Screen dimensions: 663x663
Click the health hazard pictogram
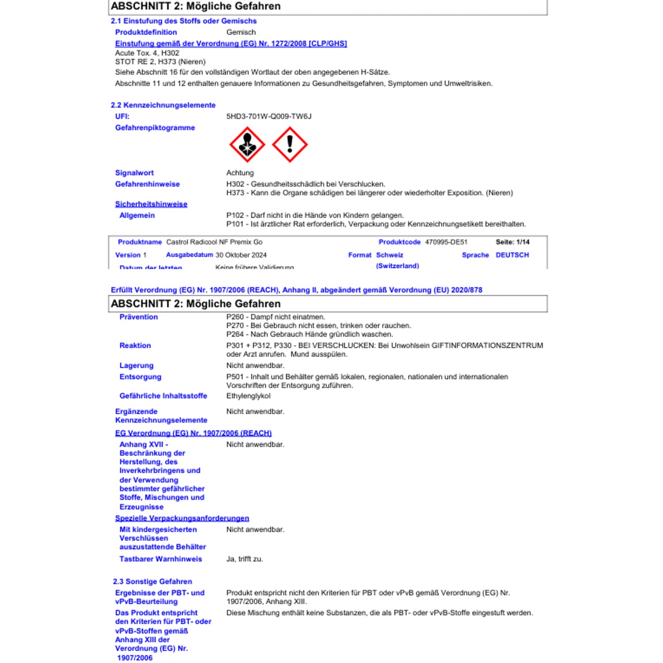pyautogui.click(x=247, y=145)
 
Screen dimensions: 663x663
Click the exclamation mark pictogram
pyautogui.click(x=290, y=145)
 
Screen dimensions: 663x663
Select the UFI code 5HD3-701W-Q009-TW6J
pyautogui.click(x=269, y=116)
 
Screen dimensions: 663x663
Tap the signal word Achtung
pyautogui.click(x=240, y=173)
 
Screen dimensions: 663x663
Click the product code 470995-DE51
pyautogui.click(x=446, y=242)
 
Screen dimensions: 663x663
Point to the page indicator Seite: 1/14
pyautogui.click(x=512, y=242)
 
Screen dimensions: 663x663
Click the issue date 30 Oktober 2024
pyautogui.click(x=241, y=255)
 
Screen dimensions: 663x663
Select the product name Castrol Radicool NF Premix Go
pyautogui.click(x=214, y=242)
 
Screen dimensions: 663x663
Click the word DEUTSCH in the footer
pyautogui.click(x=512, y=255)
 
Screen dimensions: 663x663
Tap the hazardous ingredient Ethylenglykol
pyautogui.click(x=248, y=396)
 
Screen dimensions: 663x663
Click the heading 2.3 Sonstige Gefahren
pyautogui.click(x=152, y=582)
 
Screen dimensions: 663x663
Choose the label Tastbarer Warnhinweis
pyautogui.click(x=160, y=559)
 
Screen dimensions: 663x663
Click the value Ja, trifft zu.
pyautogui.click(x=244, y=559)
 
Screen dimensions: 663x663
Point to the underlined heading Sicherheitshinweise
pyautogui.click(x=151, y=204)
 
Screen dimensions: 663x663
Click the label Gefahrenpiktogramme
pyautogui.click(x=155, y=128)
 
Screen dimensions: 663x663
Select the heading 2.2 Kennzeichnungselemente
pyautogui.click(x=163, y=105)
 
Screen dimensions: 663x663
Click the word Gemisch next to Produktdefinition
pyautogui.click(x=241, y=32)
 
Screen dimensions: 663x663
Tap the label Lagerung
pyautogui.click(x=136, y=366)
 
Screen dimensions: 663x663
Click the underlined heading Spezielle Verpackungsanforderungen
pyautogui.click(x=182, y=518)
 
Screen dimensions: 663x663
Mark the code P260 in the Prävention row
pyautogui.click(x=235, y=317)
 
